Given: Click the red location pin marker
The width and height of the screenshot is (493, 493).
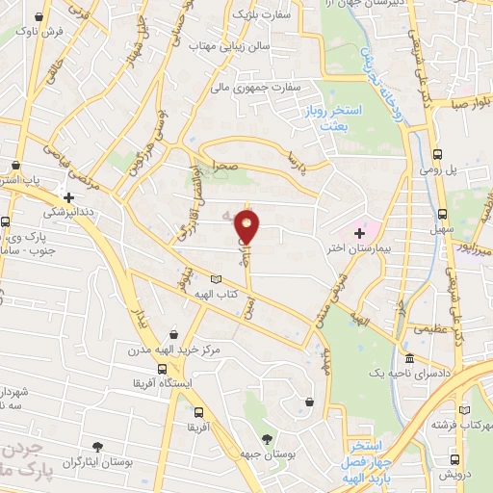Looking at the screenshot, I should point(248,226).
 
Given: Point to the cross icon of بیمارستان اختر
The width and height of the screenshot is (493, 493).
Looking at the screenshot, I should point(360,233).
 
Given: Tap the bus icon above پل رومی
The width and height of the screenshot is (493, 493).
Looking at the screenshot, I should point(438,154).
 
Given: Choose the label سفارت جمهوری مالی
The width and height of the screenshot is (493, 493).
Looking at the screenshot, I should point(259,87).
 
